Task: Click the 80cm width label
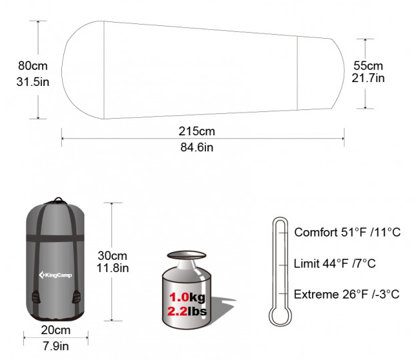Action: tap(33, 66)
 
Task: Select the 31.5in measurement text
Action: tap(33, 82)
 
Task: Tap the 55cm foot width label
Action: tap(368, 66)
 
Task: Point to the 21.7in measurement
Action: tap(368, 78)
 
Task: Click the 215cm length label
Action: tap(197, 131)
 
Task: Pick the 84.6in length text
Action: tap(197, 147)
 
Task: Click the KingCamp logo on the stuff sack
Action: tap(55, 275)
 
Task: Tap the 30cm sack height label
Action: tap(113, 256)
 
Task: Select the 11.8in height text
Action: tap(113, 268)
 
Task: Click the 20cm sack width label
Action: tap(56, 330)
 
